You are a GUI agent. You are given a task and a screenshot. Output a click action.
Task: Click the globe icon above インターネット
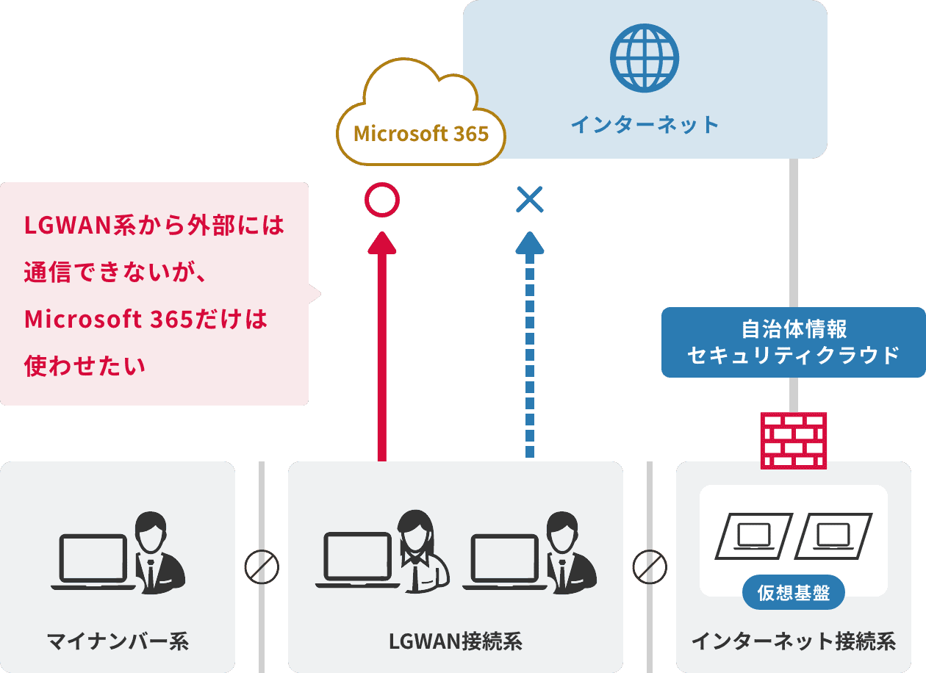point(645,58)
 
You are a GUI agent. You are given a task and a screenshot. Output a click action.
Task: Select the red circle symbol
point(381,200)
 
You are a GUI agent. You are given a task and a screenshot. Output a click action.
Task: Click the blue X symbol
point(529,199)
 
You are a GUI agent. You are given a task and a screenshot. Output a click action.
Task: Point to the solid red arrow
point(381,345)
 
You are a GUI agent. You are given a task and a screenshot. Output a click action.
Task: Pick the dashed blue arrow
point(529,345)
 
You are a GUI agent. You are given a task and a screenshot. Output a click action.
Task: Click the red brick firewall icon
point(794,440)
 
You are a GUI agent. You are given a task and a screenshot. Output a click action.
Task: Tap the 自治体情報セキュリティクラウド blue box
point(794,342)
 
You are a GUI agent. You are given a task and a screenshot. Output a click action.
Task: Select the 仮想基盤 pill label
point(794,593)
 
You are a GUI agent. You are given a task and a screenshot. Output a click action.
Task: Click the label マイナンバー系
point(118,641)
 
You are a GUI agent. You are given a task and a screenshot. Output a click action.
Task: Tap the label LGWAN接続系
point(455,641)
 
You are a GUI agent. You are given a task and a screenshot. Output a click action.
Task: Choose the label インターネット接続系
point(794,641)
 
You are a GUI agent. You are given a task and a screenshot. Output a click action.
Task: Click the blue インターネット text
point(645,124)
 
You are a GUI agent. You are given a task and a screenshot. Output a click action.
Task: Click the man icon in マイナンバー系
point(157,551)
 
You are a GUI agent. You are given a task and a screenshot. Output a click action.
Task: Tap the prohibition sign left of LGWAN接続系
point(262,566)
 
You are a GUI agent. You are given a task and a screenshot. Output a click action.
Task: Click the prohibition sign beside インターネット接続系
point(650,566)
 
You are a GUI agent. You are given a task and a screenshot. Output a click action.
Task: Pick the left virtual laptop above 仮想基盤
point(754,536)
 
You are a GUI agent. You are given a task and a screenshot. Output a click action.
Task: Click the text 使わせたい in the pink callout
point(85,365)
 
